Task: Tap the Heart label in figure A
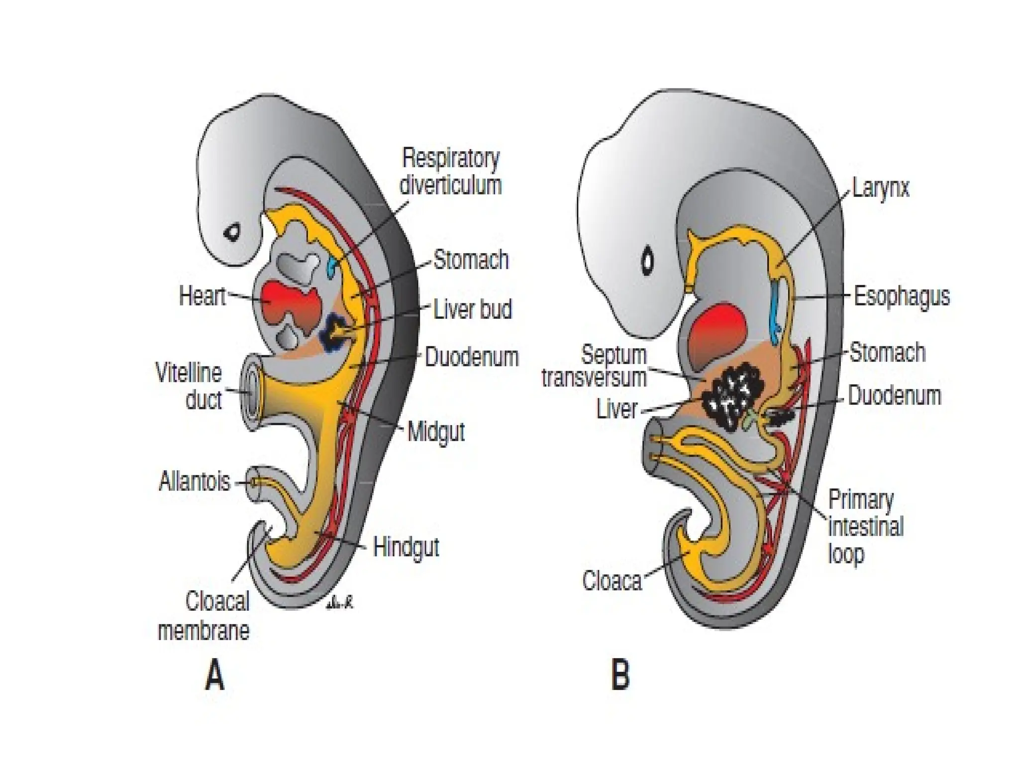(x=202, y=296)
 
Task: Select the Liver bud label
(x=472, y=309)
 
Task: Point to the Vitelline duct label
(x=189, y=386)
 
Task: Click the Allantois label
(x=195, y=481)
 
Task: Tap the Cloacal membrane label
(x=204, y=617)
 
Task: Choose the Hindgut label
(x=406, y=548)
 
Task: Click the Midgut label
(x=436, y=432)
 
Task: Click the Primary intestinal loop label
(x=865, y=526)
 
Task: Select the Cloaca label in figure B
(x=611, y=580)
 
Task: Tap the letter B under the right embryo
(x=620, y=675)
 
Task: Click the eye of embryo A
(x=232, y=232)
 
